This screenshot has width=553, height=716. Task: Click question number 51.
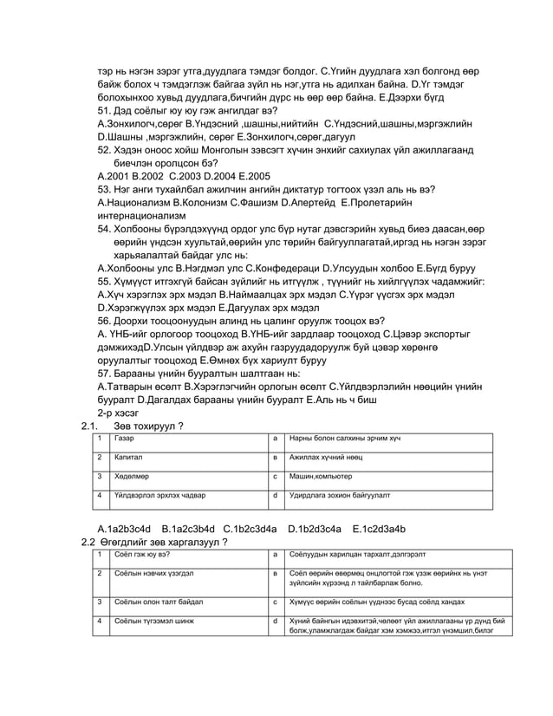click(x=106, y=112)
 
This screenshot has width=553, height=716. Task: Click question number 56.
click(x=106, y=320)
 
